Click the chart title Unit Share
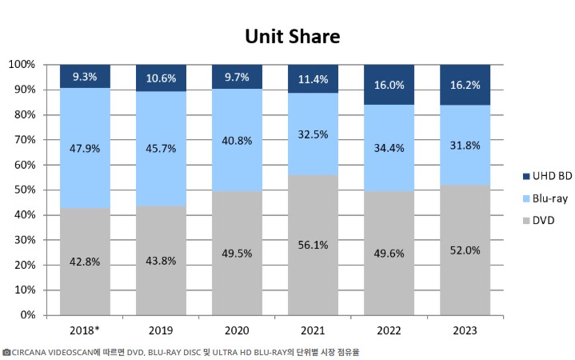coord(292,37)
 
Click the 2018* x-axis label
coord(85,330)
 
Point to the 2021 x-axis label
coord(313,330)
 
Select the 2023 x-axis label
coord(465,330)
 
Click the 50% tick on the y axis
coord(22,190)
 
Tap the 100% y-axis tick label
coord(19,64)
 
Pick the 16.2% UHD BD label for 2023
coord(465,84)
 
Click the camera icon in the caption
coord(6,351)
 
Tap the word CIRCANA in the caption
coord(33,351)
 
